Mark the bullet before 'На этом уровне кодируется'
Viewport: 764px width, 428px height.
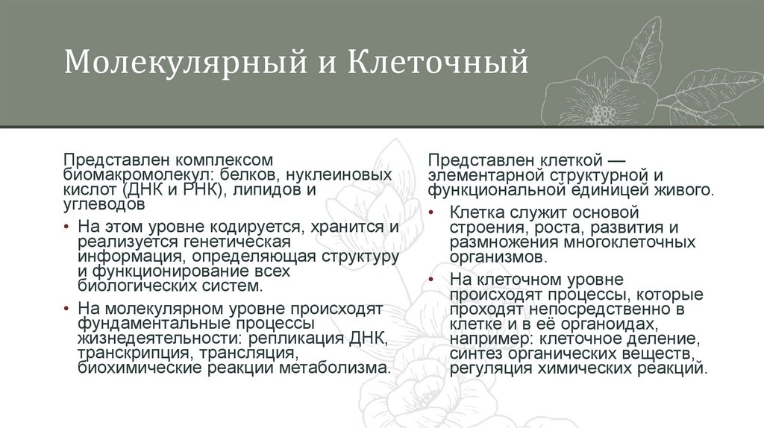(x=67, y=227)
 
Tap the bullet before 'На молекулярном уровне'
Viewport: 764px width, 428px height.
(x=67, y=309)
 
